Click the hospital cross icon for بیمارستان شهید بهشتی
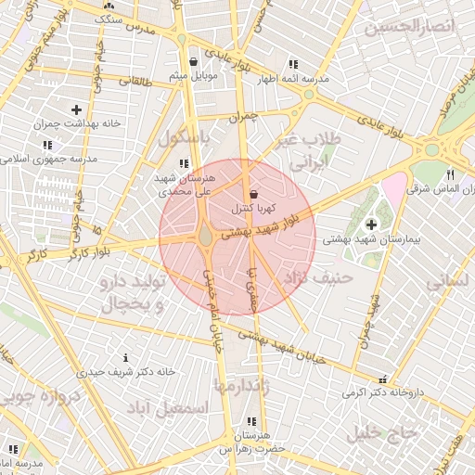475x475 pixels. click(372, 224)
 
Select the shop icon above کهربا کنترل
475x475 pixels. click(253, 194)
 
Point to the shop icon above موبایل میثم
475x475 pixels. click(193, 62)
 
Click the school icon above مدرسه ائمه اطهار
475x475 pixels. click(293, 65)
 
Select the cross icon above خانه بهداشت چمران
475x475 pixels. click(76, 110)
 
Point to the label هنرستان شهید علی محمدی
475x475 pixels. click(186, 184)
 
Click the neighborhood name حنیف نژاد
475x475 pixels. click(320, 276)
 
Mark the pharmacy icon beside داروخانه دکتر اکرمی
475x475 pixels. click(383, 379)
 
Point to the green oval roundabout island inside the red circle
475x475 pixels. click(205, 237)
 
